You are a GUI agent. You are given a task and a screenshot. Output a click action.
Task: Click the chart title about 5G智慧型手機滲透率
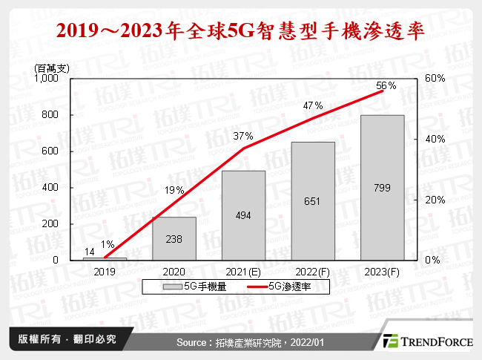[x=241, y=31]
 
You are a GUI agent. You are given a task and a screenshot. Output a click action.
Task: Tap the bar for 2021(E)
[x=243, y=215]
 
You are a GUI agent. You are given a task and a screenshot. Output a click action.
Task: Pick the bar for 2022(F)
[x=313, y=200]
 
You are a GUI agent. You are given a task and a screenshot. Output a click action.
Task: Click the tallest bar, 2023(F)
[x=383, y=187]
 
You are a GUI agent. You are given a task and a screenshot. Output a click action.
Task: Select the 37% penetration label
[x=243, y=136]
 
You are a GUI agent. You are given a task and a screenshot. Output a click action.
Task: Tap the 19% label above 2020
[x=174, y=191]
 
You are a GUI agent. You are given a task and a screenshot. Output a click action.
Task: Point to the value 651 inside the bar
[x=313, y=201]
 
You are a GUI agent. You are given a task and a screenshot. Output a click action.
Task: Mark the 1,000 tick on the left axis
[x=45, y=79]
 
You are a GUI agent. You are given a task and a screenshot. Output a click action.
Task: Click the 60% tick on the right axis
[x=435, y=79]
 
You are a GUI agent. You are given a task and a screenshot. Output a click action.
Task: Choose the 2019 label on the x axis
[x=105, y=272]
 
